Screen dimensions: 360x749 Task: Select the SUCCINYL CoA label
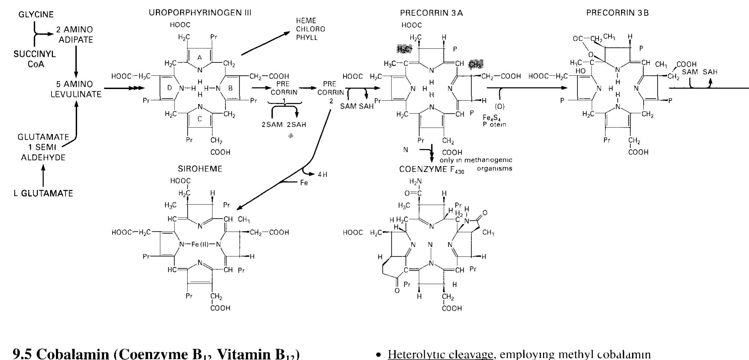[35, 59]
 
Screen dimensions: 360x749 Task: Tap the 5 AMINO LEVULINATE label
[76, 89]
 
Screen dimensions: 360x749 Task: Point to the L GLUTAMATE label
[43, 194]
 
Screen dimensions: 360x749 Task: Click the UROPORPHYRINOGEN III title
[200, 13]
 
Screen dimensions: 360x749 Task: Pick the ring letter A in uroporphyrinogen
[199, 58]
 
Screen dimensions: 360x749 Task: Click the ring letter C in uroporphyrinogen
[199, 119]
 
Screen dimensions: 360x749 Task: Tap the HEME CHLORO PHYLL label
[310, 29]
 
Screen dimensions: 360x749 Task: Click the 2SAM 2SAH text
[284, 124]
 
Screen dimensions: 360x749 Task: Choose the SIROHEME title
[200, 169]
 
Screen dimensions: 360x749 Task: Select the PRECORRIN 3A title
[431, 13]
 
